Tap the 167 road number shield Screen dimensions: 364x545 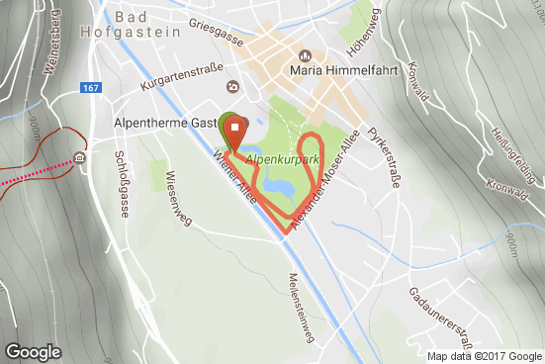pos(92,89)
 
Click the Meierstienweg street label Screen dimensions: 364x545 pos(300,308)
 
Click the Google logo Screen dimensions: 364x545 pos(34,351)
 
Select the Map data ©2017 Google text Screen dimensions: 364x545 pos(485,356)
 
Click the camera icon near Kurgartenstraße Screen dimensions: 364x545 pos(232,87)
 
